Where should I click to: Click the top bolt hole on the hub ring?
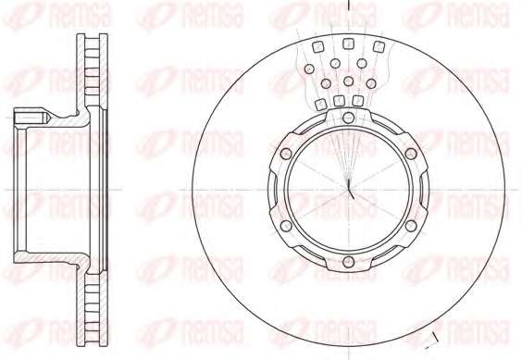348,118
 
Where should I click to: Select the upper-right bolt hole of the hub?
411,154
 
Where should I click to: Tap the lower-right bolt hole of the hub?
411,226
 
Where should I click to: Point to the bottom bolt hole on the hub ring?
348,262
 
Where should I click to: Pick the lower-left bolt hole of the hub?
286,226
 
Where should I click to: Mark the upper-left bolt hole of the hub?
286,154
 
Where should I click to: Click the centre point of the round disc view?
348,190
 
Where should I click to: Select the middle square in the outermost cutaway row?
348,43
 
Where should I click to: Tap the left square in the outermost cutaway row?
318,46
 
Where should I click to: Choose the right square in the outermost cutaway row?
379,46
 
